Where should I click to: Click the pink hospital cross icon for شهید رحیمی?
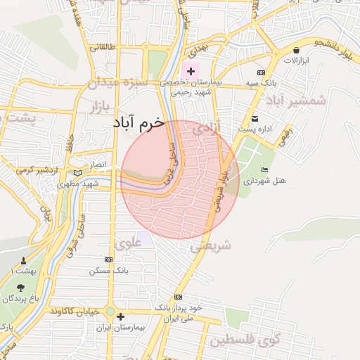191,71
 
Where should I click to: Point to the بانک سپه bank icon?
262,72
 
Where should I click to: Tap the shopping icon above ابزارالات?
297,51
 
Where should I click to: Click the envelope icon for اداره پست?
255,118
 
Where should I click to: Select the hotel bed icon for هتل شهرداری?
264,170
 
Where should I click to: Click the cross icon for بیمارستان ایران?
121,316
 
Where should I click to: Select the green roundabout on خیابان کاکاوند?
110,311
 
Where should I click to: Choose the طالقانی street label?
101,48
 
